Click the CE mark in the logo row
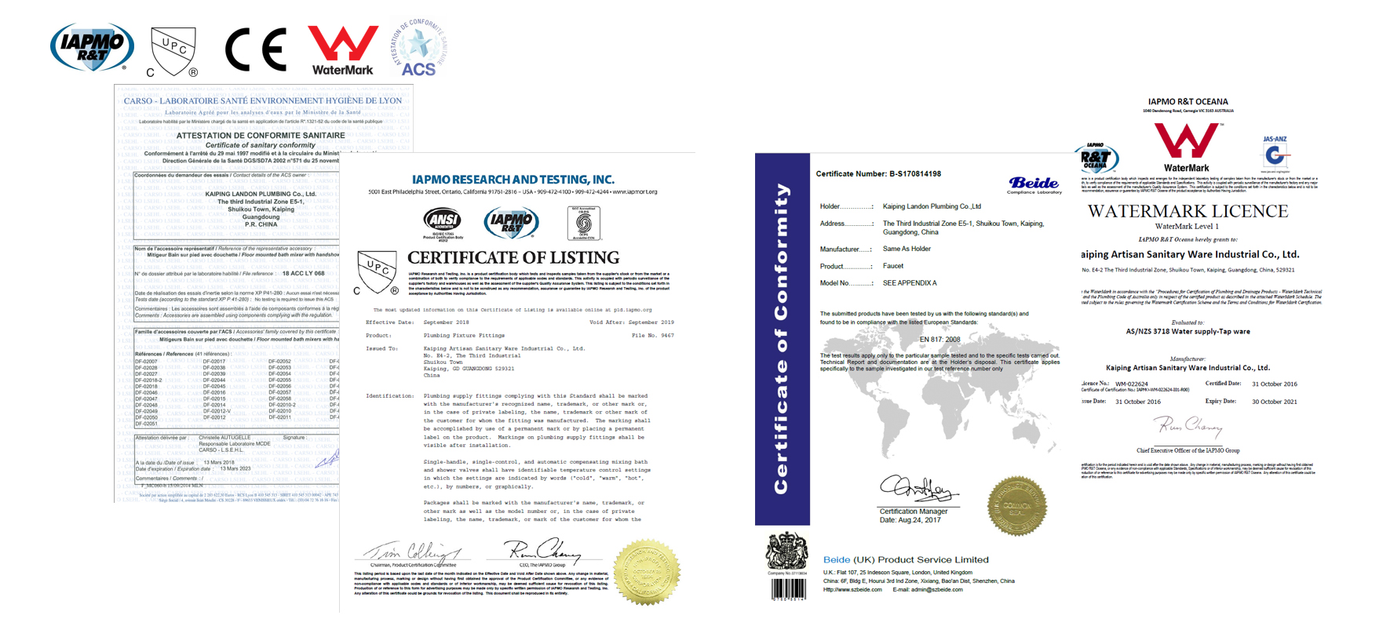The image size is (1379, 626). pos(256,49)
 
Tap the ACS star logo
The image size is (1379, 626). pos(418,47)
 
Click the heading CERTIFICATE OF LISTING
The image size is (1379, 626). pos(513,258)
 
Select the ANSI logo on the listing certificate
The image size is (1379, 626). pos(442,220)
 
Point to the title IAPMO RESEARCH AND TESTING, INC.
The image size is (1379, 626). pos(513,180)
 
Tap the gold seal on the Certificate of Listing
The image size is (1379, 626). pos(646,572)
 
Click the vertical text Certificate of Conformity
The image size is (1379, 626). pos(782,338)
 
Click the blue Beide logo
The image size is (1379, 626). pos(1034,184)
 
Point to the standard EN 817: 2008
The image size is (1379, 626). pos(939,340)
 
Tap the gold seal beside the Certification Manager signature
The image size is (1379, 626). pos(1016,506)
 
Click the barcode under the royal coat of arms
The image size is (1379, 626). pos(788,589)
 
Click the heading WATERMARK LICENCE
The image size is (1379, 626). pos(1187,211)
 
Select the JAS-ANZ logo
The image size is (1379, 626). pos(1275,153)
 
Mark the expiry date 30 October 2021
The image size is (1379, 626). pos(1274,402)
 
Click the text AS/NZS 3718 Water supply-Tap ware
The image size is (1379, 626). pos(1187,332)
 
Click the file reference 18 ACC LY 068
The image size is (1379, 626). pos(303,273)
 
